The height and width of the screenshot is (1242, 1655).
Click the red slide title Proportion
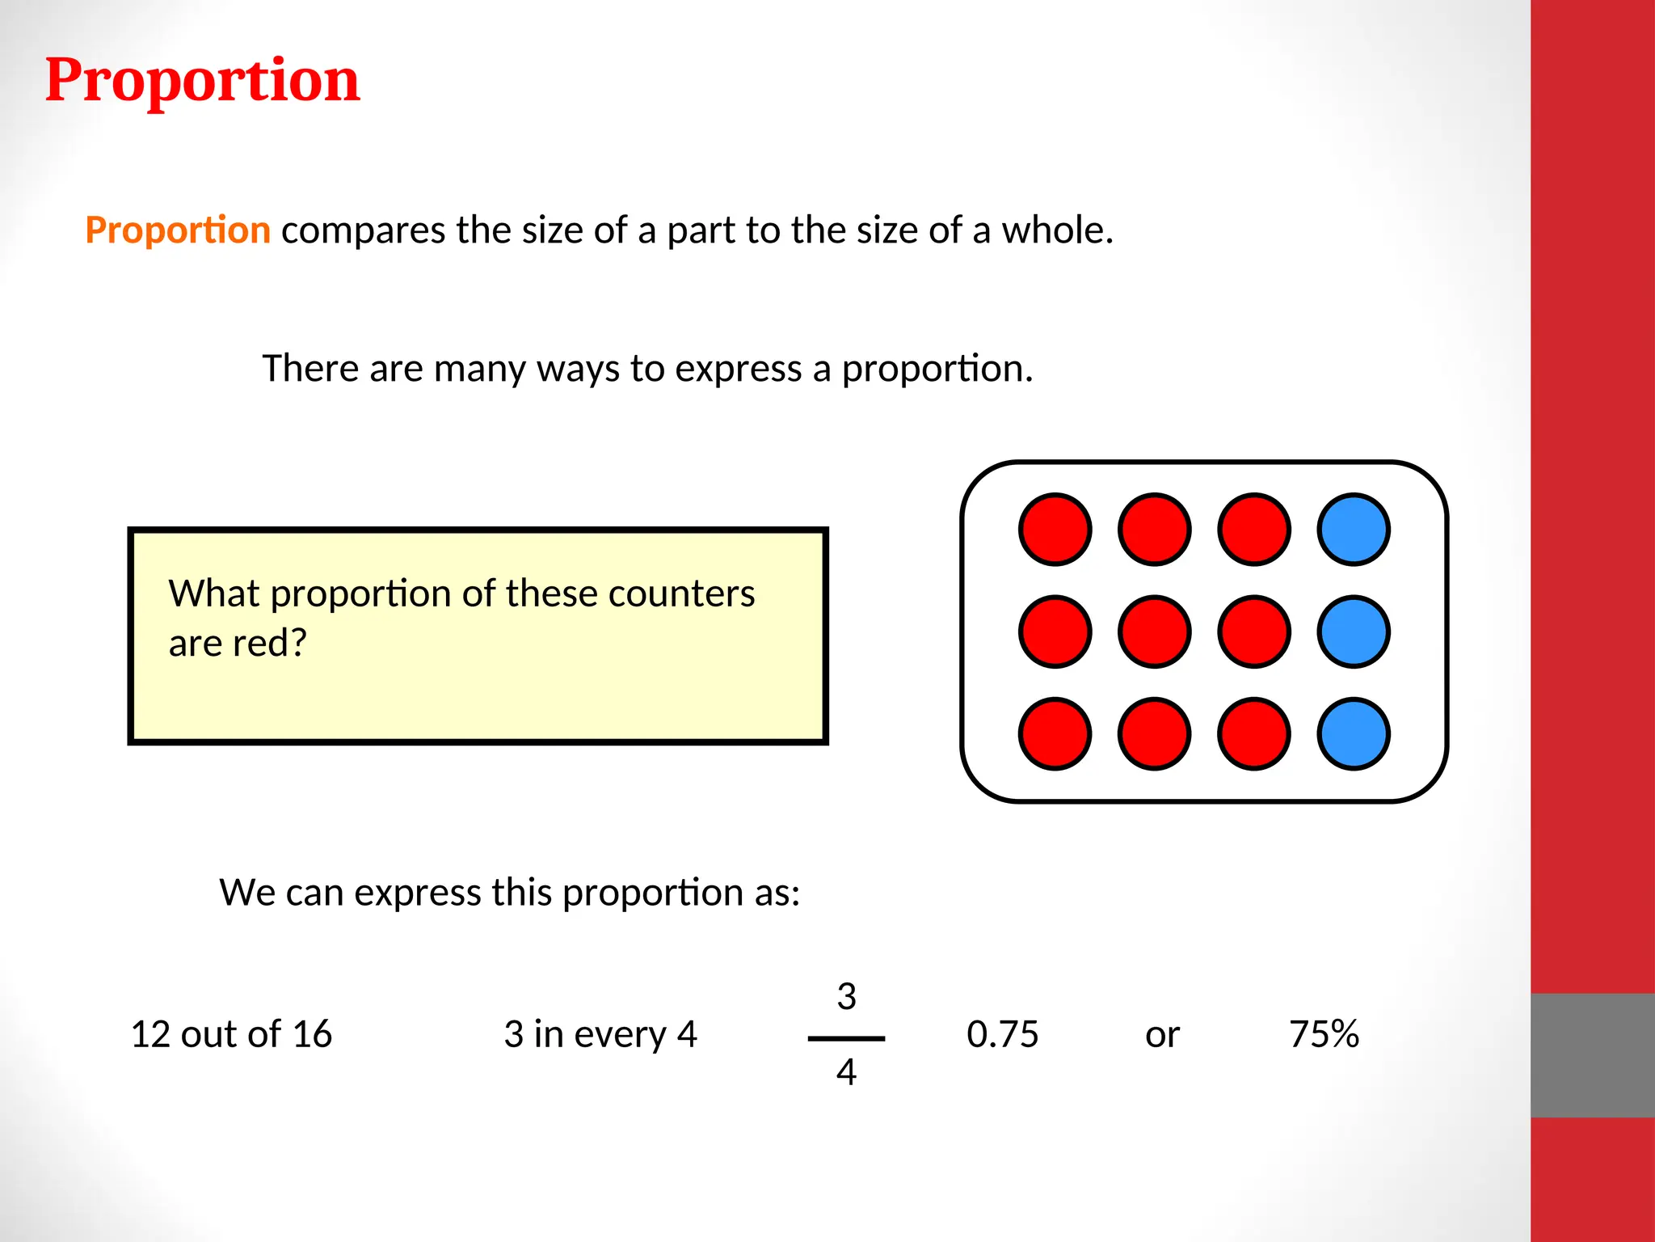pyautogui.click(x=202, y=80)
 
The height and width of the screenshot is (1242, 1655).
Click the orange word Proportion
pyautogui.click(x=178, y=230)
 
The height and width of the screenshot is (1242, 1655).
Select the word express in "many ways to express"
pyautogui.click(x=738, y=369)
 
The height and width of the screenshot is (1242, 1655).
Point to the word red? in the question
pyautogui.click(x=270, y=644)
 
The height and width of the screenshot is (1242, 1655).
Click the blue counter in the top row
pyautogui.click(x=1354, y=530)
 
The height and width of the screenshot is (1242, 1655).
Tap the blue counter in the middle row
pyautogui.click(x=1354, y=632)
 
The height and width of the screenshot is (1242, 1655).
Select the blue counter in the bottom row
pyautogui.click(x=1354, y=733)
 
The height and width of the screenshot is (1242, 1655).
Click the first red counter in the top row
pyautogui.click(x=1055, y=530)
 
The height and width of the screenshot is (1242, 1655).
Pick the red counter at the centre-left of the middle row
pyautogui.click(x=1154, y=632)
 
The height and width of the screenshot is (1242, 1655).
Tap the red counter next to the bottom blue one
pyautogui.click(x=1253, y=733)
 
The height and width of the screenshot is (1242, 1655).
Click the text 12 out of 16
pyautogui.click(x=231, y=1034)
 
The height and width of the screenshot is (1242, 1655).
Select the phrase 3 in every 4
pyautogui.click(x=600, y=1034)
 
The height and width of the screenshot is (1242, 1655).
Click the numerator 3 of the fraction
pyautogui.click(x=846, y=996)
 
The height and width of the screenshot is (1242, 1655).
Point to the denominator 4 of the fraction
pyautogui.click(x=846, y=1072)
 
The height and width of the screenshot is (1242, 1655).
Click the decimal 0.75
pyautogui.click(x=1002, y=1034)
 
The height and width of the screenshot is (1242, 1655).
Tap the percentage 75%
pyautogui.click(x=1324, y=1034)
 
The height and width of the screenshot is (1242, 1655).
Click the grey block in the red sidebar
pyautogui.click(x=1592, y=1055)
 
